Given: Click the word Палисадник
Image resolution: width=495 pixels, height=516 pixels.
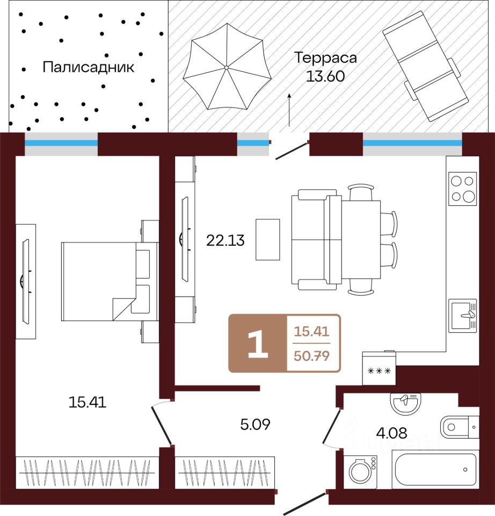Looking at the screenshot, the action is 88,68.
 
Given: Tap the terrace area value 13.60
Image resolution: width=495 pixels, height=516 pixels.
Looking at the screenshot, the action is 324,76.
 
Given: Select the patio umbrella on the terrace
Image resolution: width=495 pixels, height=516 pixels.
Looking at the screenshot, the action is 227,67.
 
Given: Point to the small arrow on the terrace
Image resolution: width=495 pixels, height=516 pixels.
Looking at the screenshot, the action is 289,110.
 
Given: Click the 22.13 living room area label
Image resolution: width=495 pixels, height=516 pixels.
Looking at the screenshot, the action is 225,240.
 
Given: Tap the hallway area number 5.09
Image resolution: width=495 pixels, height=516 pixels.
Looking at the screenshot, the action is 254,425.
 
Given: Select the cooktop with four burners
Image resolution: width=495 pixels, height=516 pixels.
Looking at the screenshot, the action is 463,188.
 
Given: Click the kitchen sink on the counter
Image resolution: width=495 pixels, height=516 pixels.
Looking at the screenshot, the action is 462,316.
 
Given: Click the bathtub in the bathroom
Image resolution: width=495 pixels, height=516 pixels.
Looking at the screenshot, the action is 435,469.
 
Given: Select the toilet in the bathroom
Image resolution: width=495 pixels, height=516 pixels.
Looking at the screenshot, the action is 460,427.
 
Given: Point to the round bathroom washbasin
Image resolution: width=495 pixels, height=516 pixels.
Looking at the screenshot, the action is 405,403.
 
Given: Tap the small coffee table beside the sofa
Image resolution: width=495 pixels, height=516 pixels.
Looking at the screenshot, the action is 267,239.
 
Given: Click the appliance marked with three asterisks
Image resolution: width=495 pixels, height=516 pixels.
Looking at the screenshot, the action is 379,369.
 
